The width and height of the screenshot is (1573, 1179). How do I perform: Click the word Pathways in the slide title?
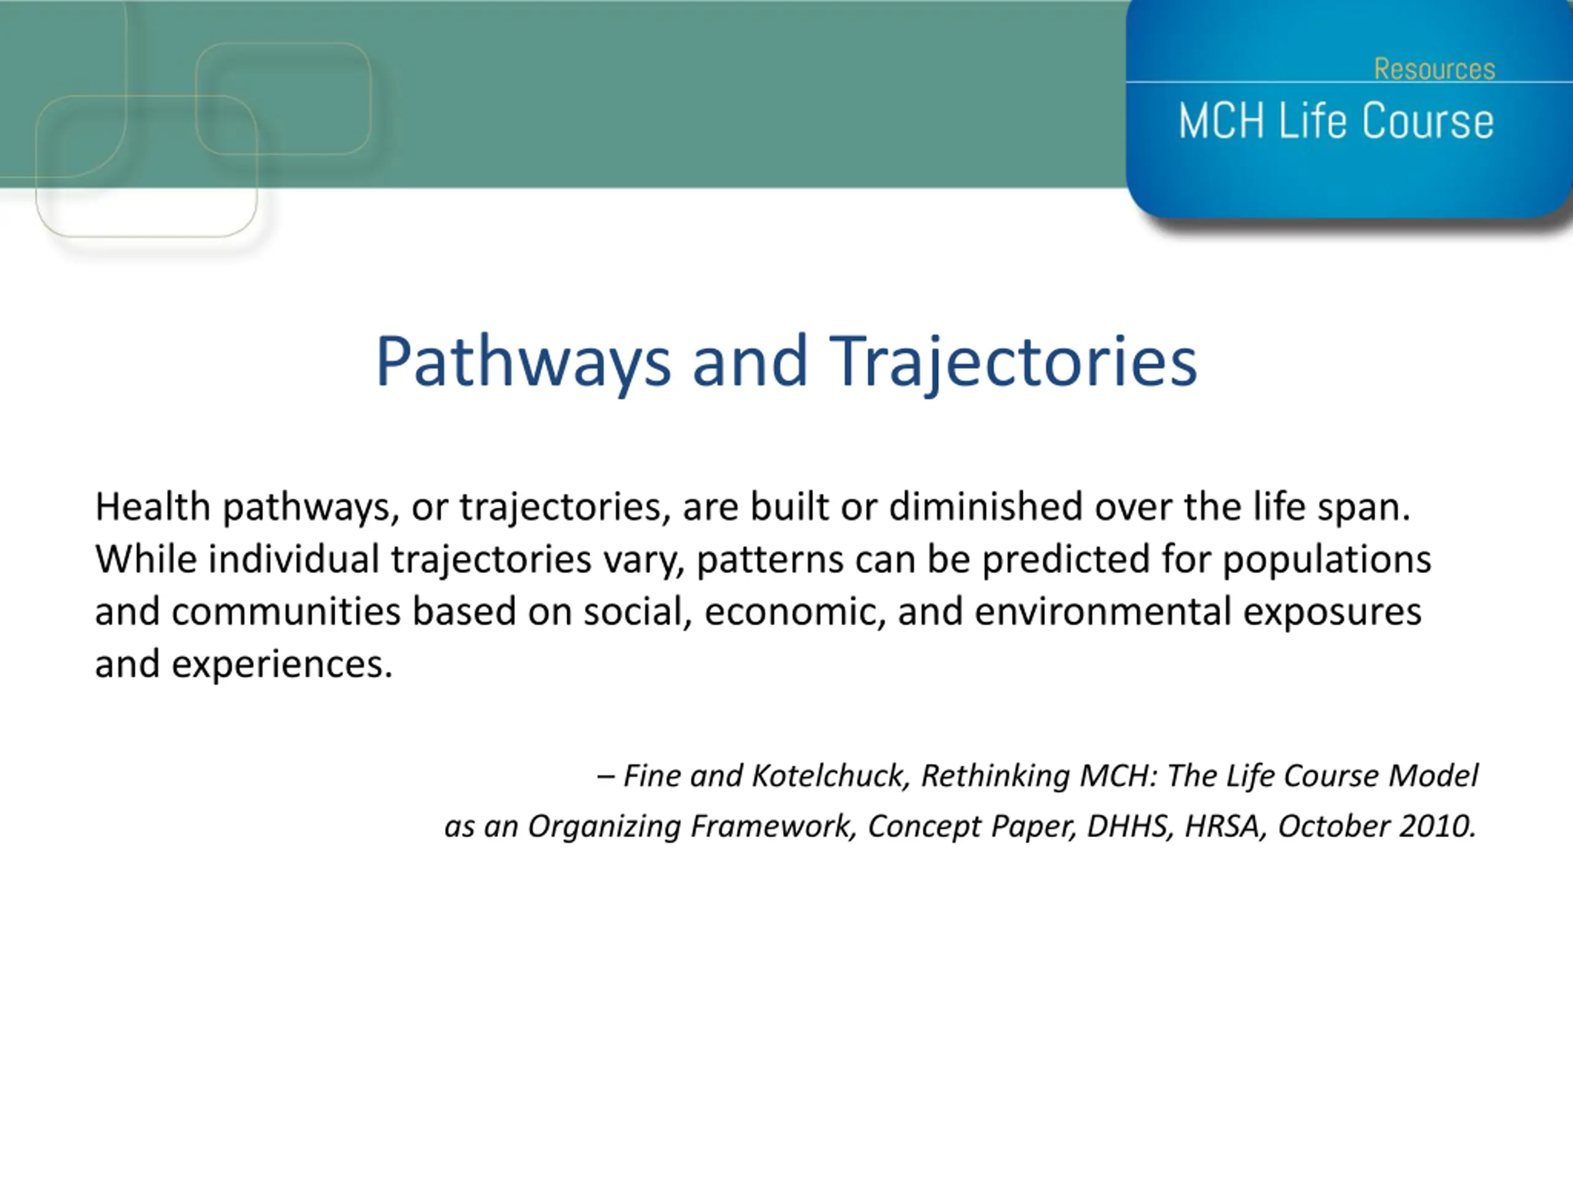pyautogui.click(x=524, y=362)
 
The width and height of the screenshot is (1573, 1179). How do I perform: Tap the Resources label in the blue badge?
pyautogui.click(x=1434, y=69)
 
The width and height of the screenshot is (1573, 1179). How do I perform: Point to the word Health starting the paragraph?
pyautogui.click(x=153, y=507)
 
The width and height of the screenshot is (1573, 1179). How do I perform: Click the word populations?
pyautogui.click(x=1326, y=561)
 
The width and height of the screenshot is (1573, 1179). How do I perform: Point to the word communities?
pyautogui.click(x=286, y=611)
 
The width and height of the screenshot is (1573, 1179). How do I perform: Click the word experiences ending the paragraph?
pyautogui.click(x=282, y=665)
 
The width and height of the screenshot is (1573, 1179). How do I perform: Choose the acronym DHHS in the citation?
pyautogui.click(x=1131, y=827)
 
